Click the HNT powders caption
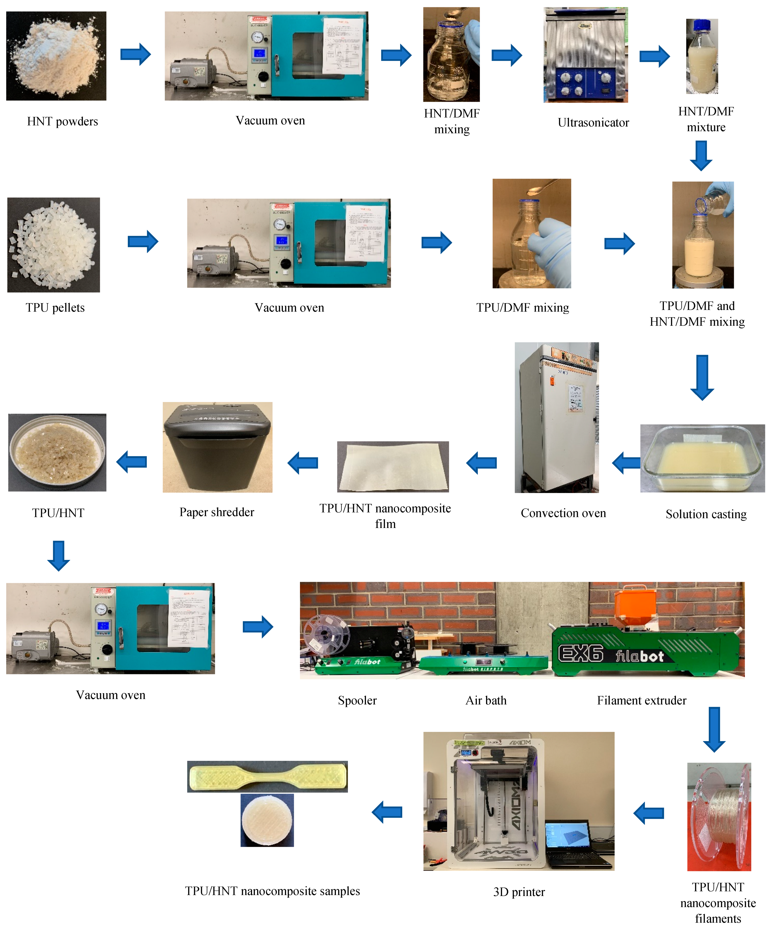(62, 121)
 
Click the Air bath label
(486, 701)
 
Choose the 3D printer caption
(519, 892)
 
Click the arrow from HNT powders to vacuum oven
(136, 55)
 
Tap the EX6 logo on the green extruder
(580, 653)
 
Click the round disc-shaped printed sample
(267, 821)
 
